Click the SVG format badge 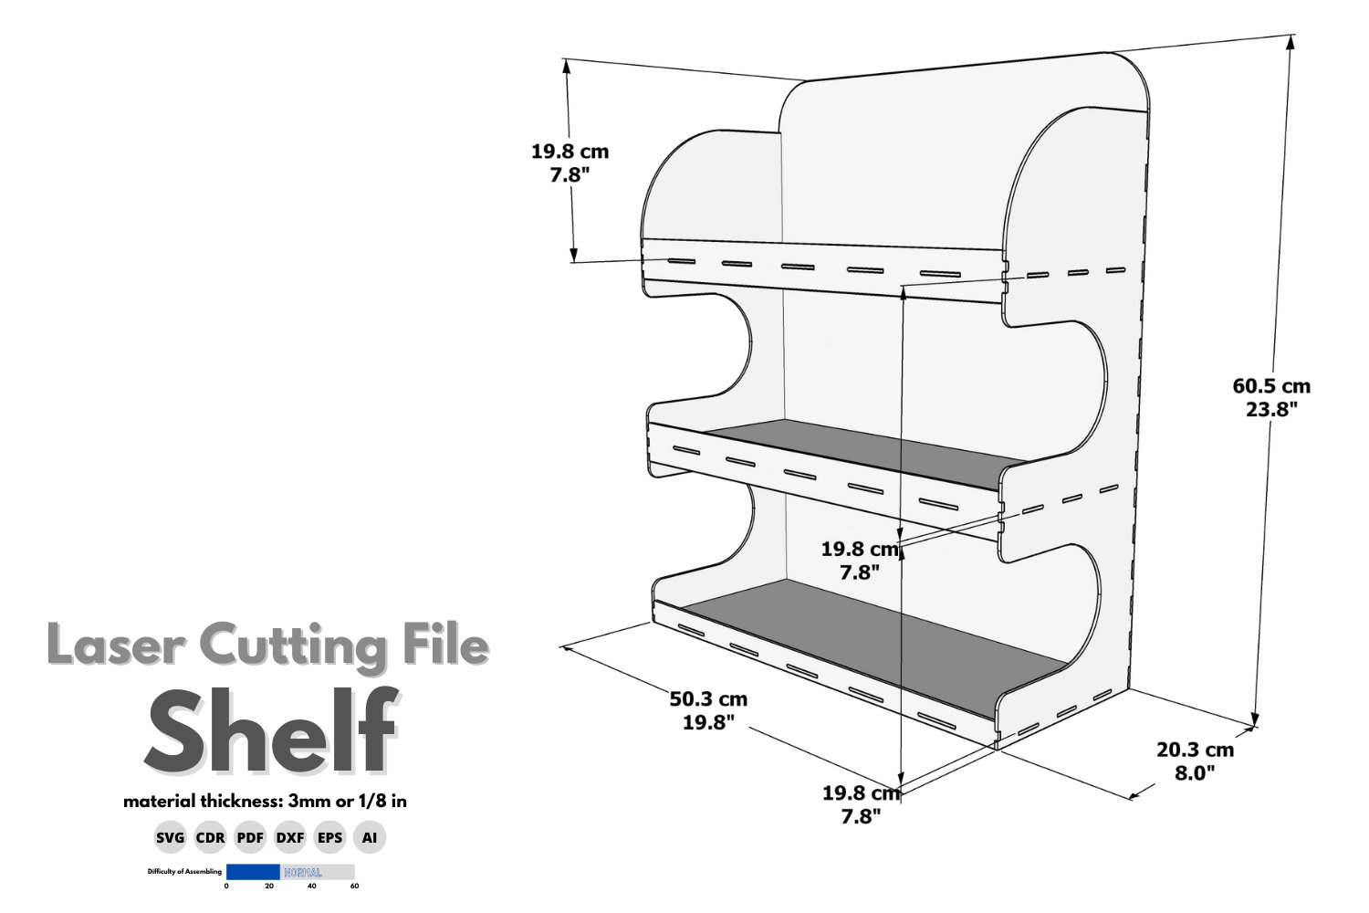coord(171,837)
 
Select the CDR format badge coord(210,837)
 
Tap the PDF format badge coord(250,837)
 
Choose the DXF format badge coord(290,837)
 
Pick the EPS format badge coord(330,837)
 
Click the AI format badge coord(370,837)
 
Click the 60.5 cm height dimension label coord(1271,386)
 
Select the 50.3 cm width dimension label coord(708,699)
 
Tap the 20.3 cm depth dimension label coord(1195,750)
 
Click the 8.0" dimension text coord(1195,773)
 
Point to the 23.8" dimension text coord(1271,410)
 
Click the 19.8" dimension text coord(708,723)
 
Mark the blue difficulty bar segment coord(253,872)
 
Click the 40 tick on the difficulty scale coord(312,887)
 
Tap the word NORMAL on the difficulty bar coord(303,873)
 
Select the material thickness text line coord(265,802)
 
